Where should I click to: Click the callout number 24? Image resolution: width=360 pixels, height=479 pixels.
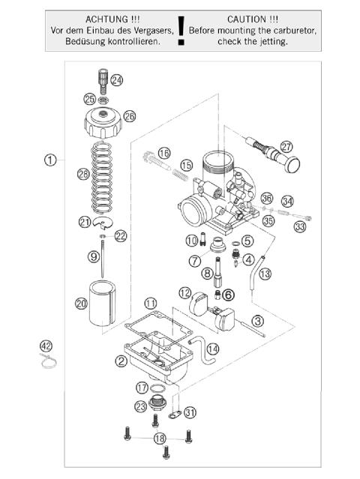[117, 79]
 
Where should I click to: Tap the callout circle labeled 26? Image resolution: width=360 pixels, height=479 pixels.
[129, 116]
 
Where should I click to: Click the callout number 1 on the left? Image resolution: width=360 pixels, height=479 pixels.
[49, 160]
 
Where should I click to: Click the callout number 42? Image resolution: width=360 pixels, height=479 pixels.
[46, 346]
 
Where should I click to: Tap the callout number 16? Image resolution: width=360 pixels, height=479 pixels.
[164, 153]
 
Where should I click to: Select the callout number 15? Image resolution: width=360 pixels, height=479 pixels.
[187, 165]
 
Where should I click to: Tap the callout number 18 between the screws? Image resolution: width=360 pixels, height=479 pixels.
[160, 438]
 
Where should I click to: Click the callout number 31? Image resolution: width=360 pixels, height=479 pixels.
[190, 412]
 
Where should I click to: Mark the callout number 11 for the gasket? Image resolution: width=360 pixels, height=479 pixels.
[151, 303]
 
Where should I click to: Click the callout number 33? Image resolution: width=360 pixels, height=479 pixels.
[300, 226]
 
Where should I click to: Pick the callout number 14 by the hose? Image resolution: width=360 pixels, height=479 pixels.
[212, 349]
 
